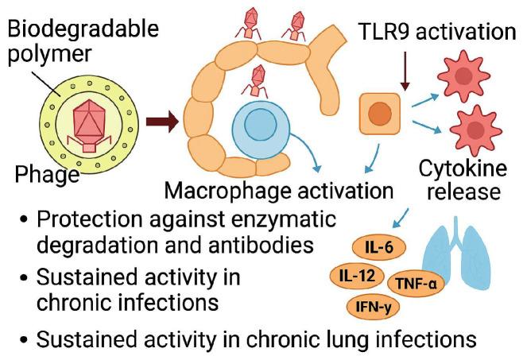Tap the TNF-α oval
[x=412, y=282]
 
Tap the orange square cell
[x=381, y=113]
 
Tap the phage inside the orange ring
[x=256, y=81]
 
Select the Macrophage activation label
[x=278, y=192]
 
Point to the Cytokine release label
[x=458, y=180]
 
